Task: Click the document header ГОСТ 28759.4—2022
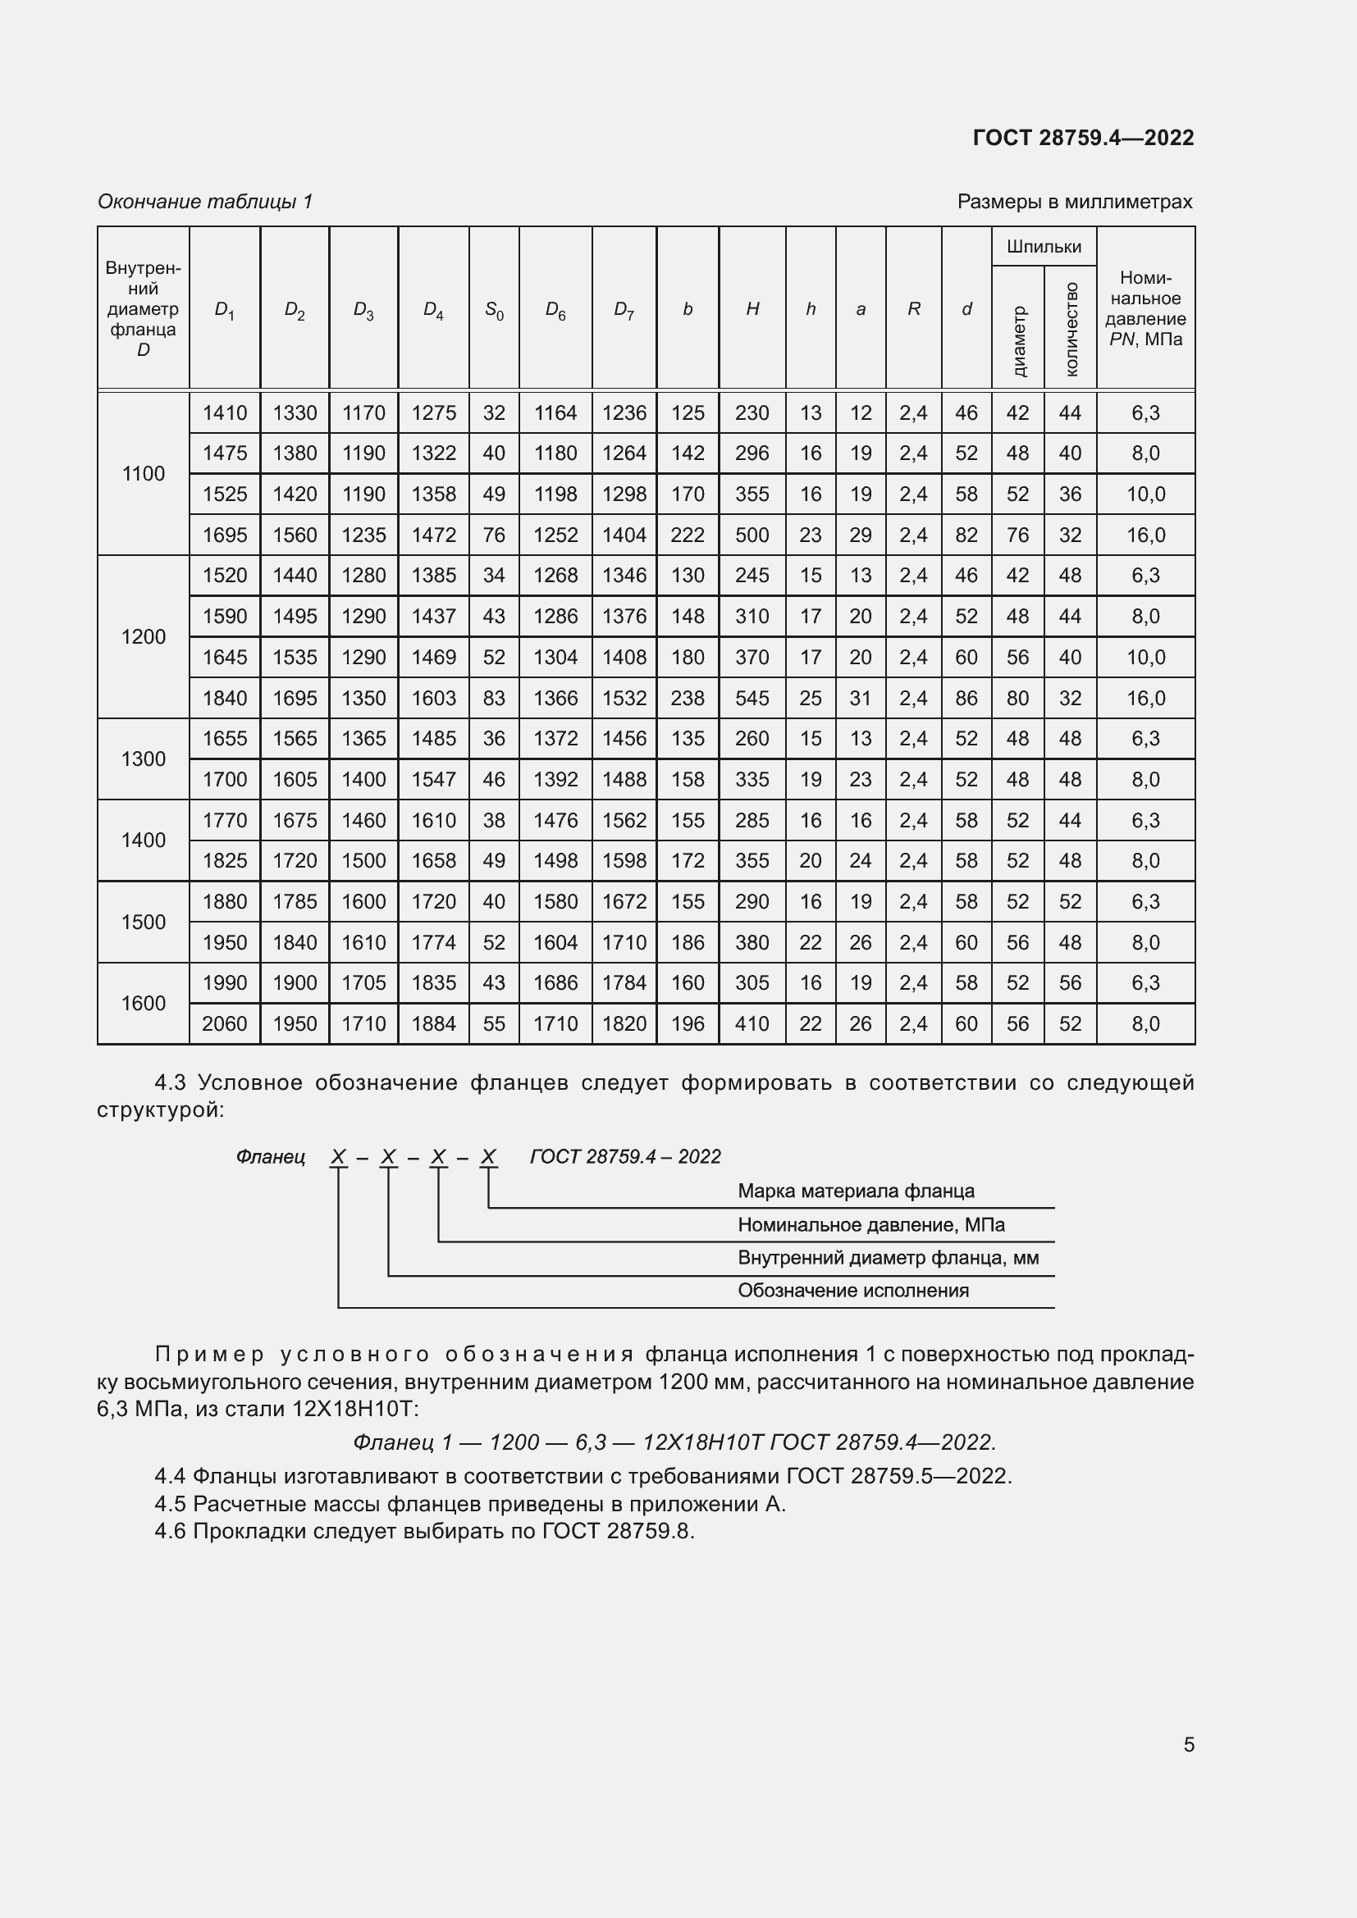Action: [1083, 138]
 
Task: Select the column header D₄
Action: [433, 310]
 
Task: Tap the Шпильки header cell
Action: [1044, 247]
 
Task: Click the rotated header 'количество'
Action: [1071, 328]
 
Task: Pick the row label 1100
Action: [143, 474]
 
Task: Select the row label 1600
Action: [143, 1003]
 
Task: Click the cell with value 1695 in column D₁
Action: [225, 535]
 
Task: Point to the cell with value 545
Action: [752, 698]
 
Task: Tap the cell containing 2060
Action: [225, 1023]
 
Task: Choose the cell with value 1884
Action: [433, 1023]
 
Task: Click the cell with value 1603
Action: [433, 698]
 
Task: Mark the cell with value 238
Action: [687, 698]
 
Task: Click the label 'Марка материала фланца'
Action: [856, 1191]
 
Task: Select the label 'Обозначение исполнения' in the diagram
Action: [852, 1290]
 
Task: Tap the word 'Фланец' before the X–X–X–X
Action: [271, 1156]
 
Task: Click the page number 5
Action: [1188, 1744]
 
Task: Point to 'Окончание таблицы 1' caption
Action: [205, 202]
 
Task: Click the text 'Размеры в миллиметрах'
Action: [1075, 202]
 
